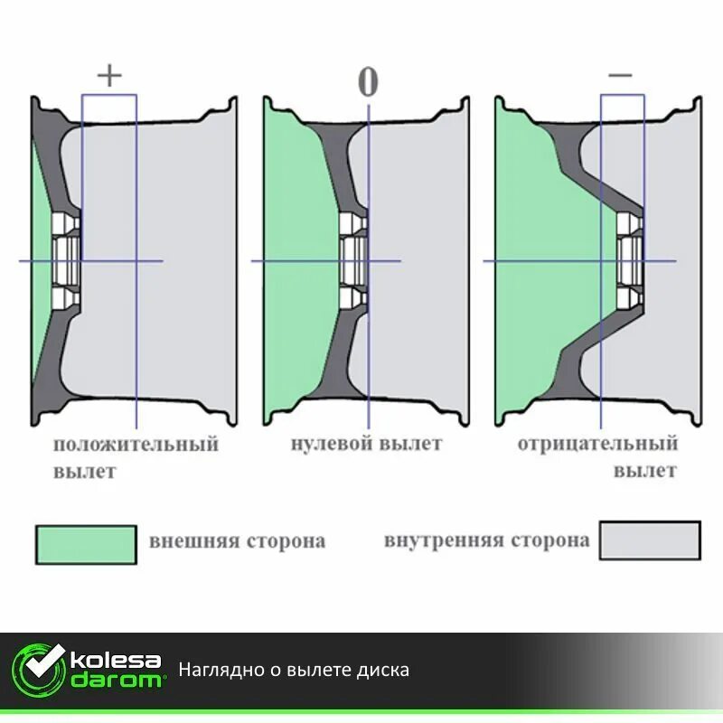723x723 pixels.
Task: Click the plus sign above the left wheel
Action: coord(108,76)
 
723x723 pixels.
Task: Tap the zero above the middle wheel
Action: coord(367,81)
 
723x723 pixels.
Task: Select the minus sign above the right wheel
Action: coord(621,76)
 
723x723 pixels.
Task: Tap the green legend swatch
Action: coord(86,545)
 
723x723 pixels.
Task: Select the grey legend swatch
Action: coord(650,540)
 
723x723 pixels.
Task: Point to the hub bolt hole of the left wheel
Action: coord(65,261)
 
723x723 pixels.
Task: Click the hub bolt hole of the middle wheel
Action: coord(353,261)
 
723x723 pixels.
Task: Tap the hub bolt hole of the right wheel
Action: coord(630,261)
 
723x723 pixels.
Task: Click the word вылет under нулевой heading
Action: coord(411,444)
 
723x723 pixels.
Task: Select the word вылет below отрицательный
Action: coord(645,471)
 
